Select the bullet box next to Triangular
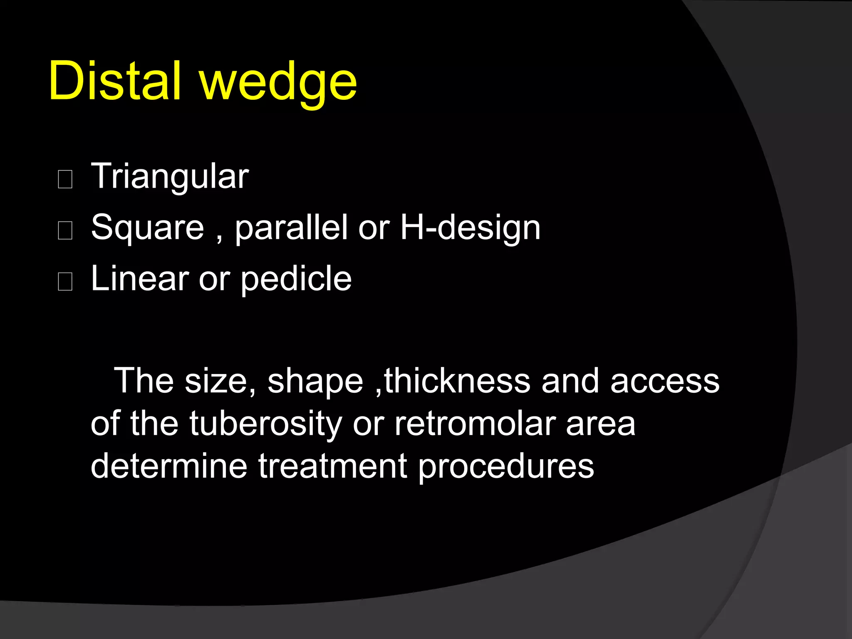[x=65, y=180]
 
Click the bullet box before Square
[x=65, y=230]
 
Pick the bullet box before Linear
[x=65, y=282]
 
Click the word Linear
[x=140, y=279]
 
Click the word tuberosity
[x=265, y=424]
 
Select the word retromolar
[x=474, y=424]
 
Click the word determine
[x=169, y=466]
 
